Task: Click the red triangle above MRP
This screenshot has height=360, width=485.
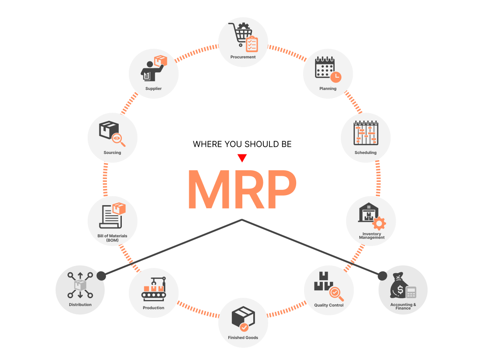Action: (242, 158)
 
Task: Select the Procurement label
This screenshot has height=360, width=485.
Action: (243, 57)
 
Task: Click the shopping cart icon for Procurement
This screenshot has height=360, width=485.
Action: (241, 34)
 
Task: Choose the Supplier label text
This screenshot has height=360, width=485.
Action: (153, 89)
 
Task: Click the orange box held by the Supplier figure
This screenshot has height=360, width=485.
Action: (160, 61)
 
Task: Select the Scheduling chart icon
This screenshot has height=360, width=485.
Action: (366, 133)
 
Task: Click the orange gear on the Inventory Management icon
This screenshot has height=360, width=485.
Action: (379, 223)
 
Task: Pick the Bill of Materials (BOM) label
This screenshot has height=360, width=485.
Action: (112, 238)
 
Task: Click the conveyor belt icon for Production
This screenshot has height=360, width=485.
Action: (154, 289)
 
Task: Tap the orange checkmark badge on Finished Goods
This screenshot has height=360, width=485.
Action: (244, 327)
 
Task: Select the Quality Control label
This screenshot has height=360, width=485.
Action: (329, 305)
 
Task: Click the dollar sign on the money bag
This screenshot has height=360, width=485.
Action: (400, 290)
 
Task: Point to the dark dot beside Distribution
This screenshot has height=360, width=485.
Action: (101, 276)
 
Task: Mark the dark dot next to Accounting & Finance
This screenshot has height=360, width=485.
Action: (382, 276)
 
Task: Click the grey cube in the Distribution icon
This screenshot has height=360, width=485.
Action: (80, 285)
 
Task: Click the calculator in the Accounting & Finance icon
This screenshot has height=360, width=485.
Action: (411, 292)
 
